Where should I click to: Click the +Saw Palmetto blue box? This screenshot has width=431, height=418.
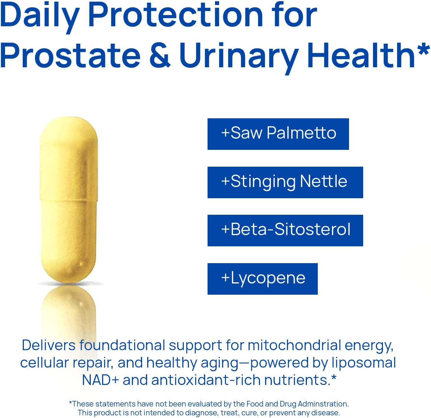pyautogui.click(x=278, y=134)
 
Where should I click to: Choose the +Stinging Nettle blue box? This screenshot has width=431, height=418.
pyautogui.click(x=285, y=182)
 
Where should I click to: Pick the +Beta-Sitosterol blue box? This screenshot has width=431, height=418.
pyautogui.click(x=285, y=230)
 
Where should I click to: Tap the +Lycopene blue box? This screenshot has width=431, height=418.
pyautogui.click(x=262, y=279)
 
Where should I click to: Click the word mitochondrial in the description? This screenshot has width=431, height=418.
pyautogui.click(x=294, y=345)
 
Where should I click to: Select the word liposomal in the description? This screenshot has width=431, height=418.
pyautogui.click(x=363, y=363)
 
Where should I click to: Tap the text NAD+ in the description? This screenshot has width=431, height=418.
pyautogui.click(x=100, y=380)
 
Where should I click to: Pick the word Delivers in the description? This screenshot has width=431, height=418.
pyautogui.click(x=49, y=345)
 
